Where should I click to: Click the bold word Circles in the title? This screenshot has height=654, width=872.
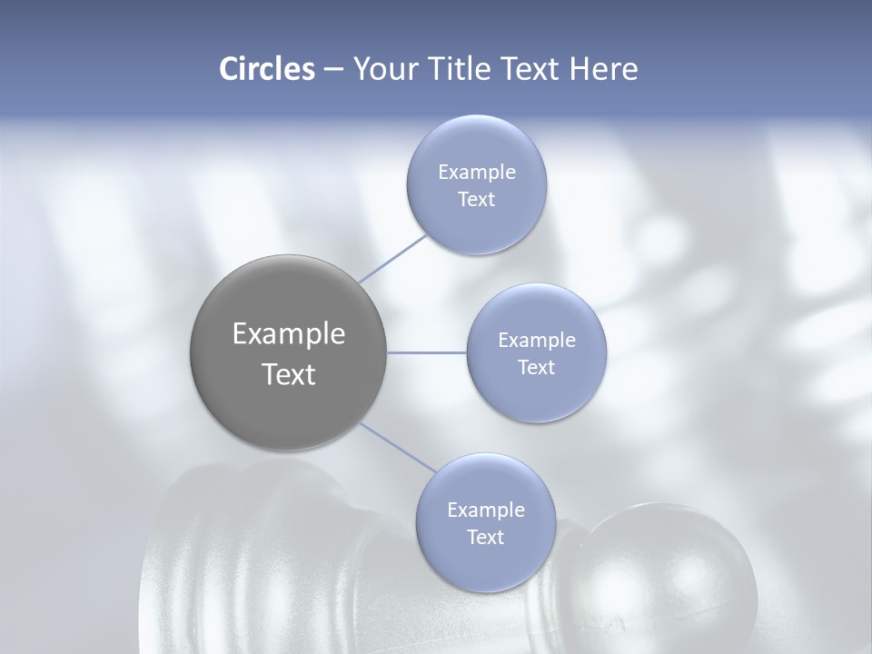(266, 69)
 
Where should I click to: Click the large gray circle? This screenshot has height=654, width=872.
(288, 352)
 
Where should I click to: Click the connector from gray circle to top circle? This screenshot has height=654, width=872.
(392, 259)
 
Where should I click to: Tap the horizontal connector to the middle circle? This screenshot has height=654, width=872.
(427, 352)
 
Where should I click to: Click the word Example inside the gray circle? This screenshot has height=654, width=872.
(289, 334)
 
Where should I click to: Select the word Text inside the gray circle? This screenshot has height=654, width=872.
(289, 374)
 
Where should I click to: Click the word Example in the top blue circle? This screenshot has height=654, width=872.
(477, 172)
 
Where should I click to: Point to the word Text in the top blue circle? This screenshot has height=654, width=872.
(476, 199)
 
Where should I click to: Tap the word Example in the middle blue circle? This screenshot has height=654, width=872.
(537, 340)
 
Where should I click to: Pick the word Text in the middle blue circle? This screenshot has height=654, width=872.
(536, 367)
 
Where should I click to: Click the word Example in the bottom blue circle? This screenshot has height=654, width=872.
(486, 510)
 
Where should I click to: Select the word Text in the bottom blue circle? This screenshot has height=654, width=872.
(485, 537)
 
